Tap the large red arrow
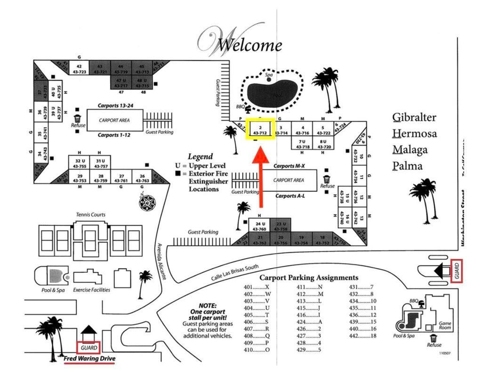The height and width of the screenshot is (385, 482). (260, 179)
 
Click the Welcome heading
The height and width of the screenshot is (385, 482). (242, 43)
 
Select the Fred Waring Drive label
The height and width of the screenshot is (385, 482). (89, 359)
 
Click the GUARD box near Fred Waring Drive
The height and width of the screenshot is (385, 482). (89, 348)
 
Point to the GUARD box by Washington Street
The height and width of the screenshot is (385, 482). (457, 270)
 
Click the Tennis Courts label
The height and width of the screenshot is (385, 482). (91, 215)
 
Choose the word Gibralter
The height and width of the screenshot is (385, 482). (414, 117)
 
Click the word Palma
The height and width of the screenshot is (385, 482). (407, 166)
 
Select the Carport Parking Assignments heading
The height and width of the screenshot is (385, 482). (309, 278)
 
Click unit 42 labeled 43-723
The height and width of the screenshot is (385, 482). (79, 69)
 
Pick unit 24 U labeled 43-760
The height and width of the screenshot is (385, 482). (260, 226)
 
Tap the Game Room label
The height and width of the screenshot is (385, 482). (445, 326)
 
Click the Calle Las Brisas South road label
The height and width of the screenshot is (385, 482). (235, 272)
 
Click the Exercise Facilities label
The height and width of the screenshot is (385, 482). (91, 290)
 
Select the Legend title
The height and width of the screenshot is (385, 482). (200, 156)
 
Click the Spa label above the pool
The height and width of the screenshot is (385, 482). (269, 74)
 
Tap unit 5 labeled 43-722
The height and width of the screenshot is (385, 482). (323, 130)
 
